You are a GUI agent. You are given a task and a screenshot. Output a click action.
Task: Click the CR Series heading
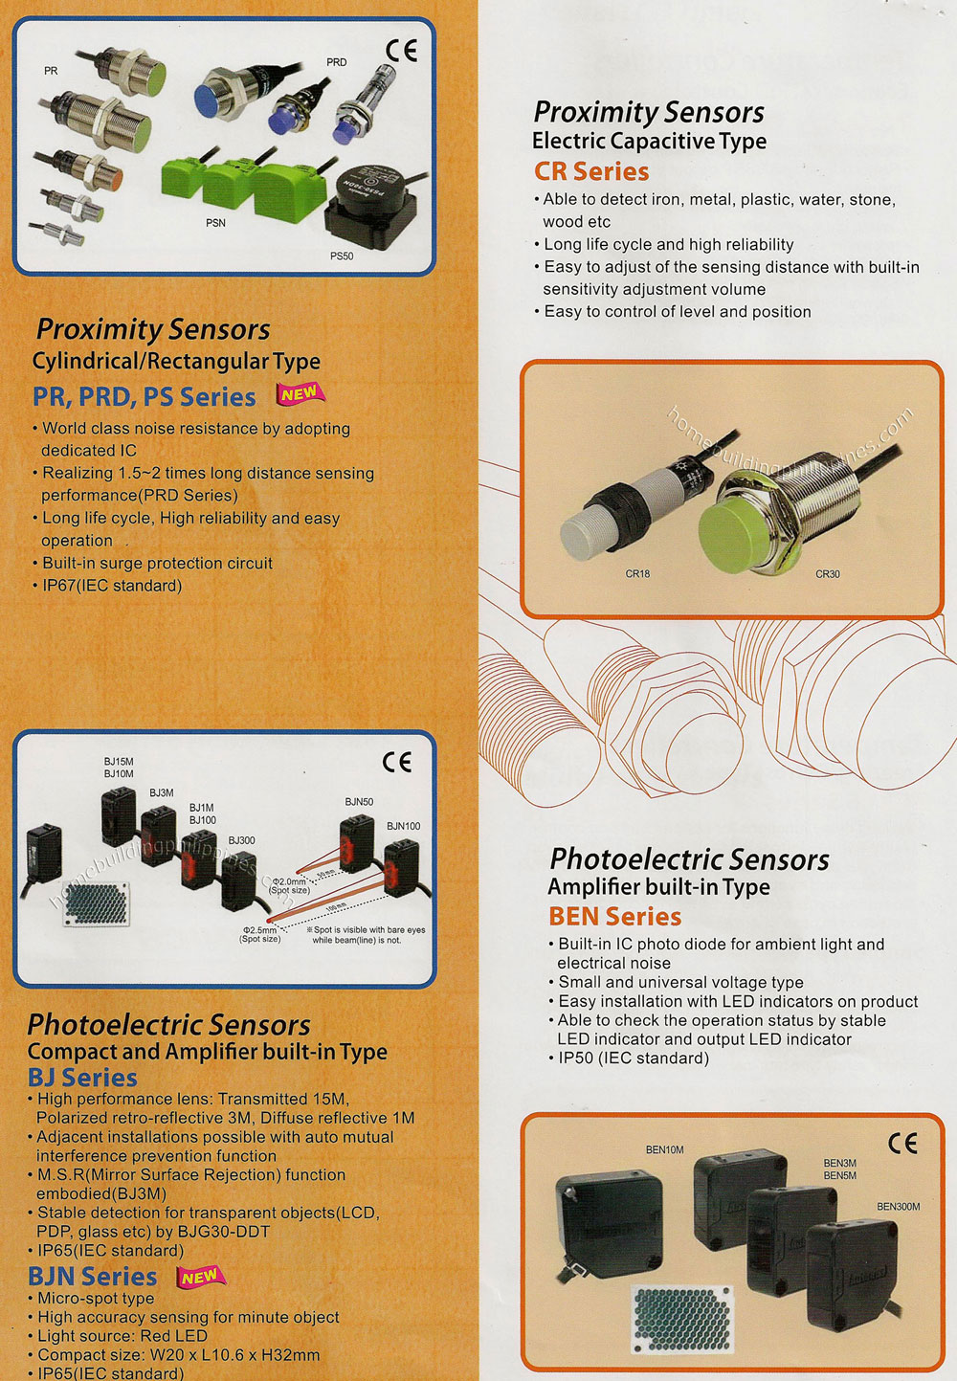[590, 171]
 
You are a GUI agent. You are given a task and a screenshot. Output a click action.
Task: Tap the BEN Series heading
[614, 916]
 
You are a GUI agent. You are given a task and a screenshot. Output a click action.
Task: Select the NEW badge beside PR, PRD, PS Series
[300, 393]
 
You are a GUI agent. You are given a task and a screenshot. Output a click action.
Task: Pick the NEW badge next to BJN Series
[200, 1277]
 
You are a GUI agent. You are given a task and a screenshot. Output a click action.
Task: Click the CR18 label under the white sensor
[637, 574]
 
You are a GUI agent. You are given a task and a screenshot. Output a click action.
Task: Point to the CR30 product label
[827, 574]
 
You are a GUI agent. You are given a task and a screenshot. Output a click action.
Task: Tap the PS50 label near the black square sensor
[341, 256]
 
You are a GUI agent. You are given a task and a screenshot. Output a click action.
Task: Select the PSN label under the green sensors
[215, 223]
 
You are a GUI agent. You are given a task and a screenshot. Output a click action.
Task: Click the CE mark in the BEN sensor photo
[901, 1143]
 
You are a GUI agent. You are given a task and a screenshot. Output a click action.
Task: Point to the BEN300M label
[898, 1207]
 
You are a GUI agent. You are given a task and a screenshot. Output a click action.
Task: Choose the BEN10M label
[664, 1149]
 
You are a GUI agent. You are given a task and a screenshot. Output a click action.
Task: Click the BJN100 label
[403, 826]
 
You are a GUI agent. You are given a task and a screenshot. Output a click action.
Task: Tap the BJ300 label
[241, 840]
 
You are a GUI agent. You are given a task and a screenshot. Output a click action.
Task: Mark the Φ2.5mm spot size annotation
[259, 934]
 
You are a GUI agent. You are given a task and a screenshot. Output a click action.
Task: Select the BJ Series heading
[82, 1077]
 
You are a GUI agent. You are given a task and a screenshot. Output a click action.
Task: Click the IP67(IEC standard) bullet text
[111, 585]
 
